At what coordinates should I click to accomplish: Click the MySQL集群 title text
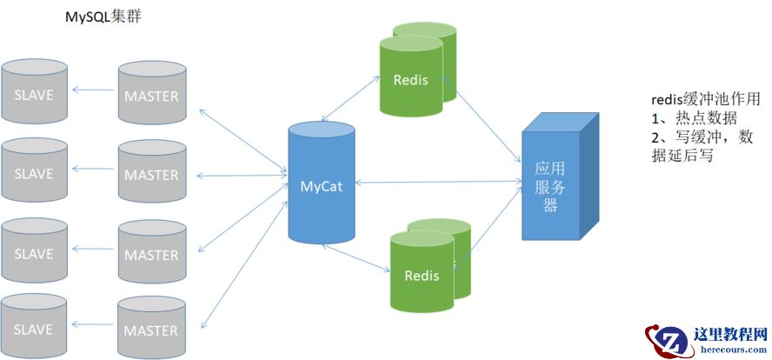pyautogui.click(x=103, y=17)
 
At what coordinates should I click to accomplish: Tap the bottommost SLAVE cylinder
pyautogui.click(x=35, y=329)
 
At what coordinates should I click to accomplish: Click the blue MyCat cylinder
pyautogui.click(x=322, y=184)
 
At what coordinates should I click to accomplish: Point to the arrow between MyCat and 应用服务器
pyautogui.click(x=438, y=183)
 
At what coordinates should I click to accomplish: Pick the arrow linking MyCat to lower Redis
pyautogui.click(x=355, y=257)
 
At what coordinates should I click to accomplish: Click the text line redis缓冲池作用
pyautogui.click(x=705, y=99)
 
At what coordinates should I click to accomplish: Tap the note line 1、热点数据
pyautogui.click(x=694, y=118)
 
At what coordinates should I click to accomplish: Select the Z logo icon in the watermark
pyautogui.click(x=667, y=342)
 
